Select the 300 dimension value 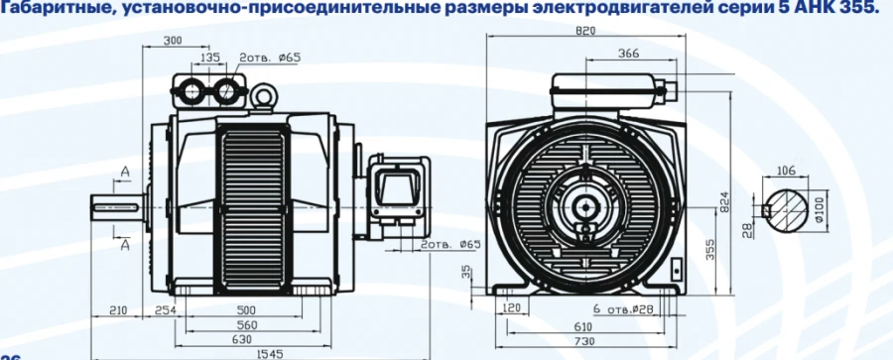click(175, 43)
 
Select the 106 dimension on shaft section click(788, 169)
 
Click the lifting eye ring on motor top click(264, 95)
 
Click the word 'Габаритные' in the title click(49, 9)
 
